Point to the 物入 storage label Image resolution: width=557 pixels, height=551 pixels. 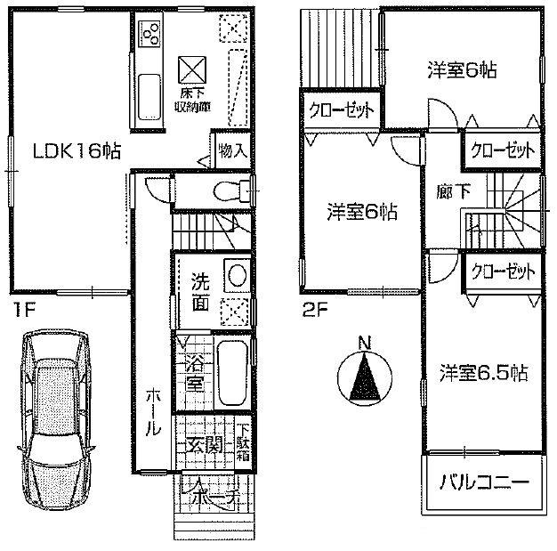pyautogui.click(x=232, y=150)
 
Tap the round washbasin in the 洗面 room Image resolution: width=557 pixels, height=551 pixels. pyautogui.click(x=236, y=276)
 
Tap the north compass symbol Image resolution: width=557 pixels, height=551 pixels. pyautogui.click(x=364, y=376)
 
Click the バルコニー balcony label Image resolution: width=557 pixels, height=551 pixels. pyautogui.click(x=484, y=486)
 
